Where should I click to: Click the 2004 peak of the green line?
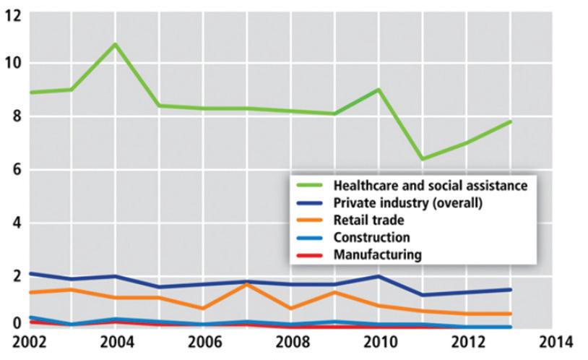point(115,45)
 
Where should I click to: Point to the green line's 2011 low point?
point(423,159)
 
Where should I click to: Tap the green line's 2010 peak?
point(379,90)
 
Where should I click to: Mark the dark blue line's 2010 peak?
point(379,276)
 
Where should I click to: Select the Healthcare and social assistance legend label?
point(431,186)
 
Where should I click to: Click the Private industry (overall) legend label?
point(408,202)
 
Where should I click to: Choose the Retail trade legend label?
point(369,220)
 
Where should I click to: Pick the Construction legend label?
point(371,237)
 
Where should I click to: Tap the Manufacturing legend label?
point(378,254)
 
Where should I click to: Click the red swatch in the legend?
point(309,255)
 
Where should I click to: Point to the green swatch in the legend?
point(309,185)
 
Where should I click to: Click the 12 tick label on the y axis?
point(14,17)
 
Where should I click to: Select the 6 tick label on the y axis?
point(17,170)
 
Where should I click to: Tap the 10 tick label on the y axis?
point(14,63)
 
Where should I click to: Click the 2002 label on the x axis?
point(29,343)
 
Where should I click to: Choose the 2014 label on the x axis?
point(555,343)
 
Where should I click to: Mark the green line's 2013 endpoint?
point(510,121)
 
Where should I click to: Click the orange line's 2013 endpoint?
point(510,314)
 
